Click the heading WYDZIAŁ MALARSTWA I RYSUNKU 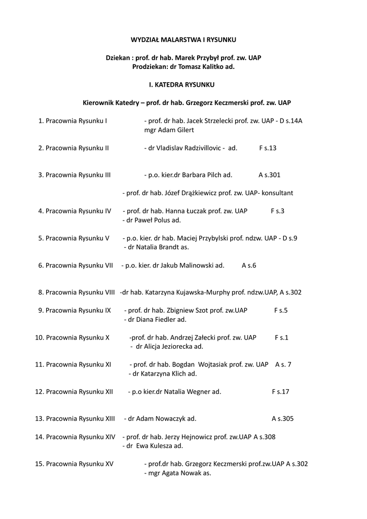pyautogui.click(x=183, y=39)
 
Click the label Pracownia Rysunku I pyautogui.click(x=76, y=121)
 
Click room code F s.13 pyautogui.click(x=268, y=148)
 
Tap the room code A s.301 pyautogui.click(x=269, y=175)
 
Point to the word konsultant pyautogui.click(x=277, y=193)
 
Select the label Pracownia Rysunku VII pyautogui.click(x=79, y=265)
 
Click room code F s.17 pyautogui.click(x=280, y=392)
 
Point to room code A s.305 pyautogui.click(x=282, y=419)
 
